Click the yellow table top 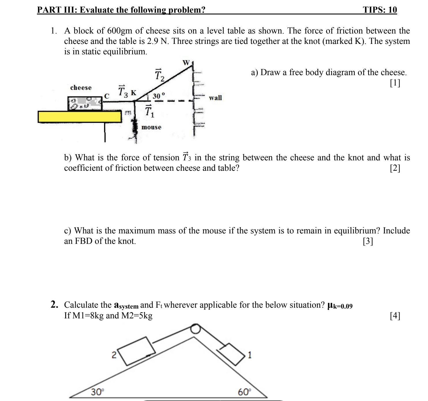(79, 117)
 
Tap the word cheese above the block (81, 88)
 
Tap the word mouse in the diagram (151, 127)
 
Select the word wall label (215, 98)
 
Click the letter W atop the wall (186, 62)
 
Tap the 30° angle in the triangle (97, 392)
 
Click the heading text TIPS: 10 (380, 10)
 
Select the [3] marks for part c (368, 241)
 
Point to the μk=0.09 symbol (340, 305)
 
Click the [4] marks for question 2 (395, 316)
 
